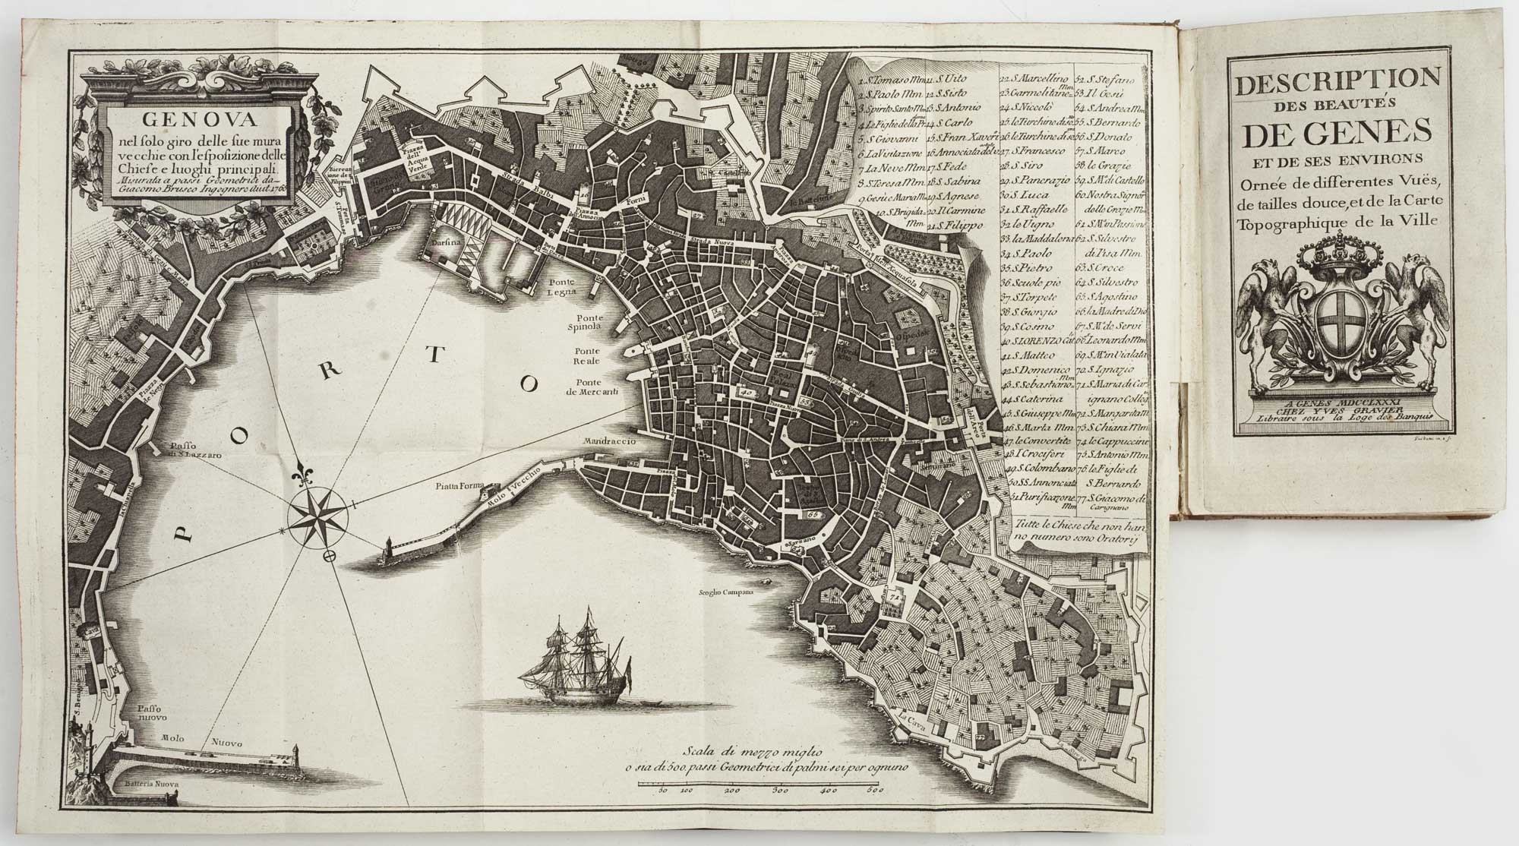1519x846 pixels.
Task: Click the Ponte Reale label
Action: coord(588,357)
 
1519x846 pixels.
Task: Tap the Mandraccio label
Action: coord(608,440)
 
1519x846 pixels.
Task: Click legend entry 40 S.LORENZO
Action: coord(1041,342)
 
